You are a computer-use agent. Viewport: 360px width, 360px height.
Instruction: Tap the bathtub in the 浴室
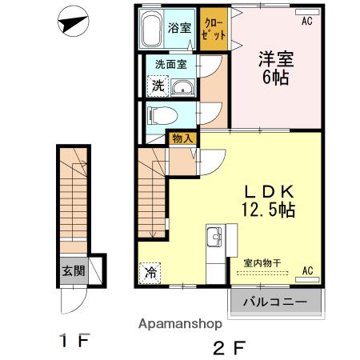151,29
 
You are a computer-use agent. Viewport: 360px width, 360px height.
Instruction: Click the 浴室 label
179,28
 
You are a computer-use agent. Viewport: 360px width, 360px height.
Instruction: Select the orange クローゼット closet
214,29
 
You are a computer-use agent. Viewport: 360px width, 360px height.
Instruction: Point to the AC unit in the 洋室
307,12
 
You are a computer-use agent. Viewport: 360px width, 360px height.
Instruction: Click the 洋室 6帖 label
276,68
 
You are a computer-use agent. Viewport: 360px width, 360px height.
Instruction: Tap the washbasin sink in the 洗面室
182,86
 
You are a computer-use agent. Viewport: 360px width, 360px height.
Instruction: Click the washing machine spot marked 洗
158,86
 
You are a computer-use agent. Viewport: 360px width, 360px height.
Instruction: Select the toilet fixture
162,115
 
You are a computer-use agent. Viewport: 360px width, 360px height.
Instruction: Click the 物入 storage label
182,138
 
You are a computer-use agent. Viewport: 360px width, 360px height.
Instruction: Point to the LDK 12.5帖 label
269,200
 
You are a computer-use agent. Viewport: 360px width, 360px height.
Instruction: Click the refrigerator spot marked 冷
150,273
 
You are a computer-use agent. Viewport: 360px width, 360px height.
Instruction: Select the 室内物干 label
262,263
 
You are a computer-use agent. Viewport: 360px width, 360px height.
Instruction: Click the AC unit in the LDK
307,279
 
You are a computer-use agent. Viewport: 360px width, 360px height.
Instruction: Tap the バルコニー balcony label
275,302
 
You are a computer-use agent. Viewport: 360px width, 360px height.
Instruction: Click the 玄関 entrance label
74,271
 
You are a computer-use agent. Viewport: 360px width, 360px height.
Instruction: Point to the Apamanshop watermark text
180,324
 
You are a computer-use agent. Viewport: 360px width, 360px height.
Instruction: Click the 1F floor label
75,340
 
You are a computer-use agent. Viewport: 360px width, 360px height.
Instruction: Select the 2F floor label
230,348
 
